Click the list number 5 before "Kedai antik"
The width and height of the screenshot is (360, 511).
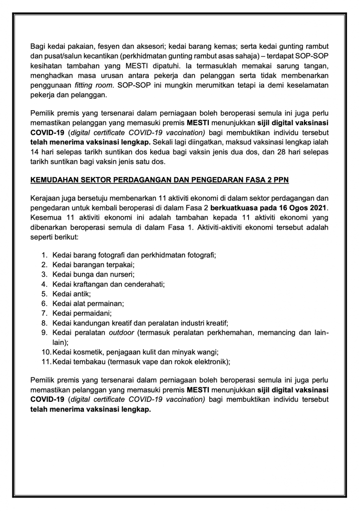click(x=44, y=294)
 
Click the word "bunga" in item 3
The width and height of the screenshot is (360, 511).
click(x=83, y=275)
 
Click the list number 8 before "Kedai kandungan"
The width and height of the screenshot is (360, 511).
click(x=44, y=323)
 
